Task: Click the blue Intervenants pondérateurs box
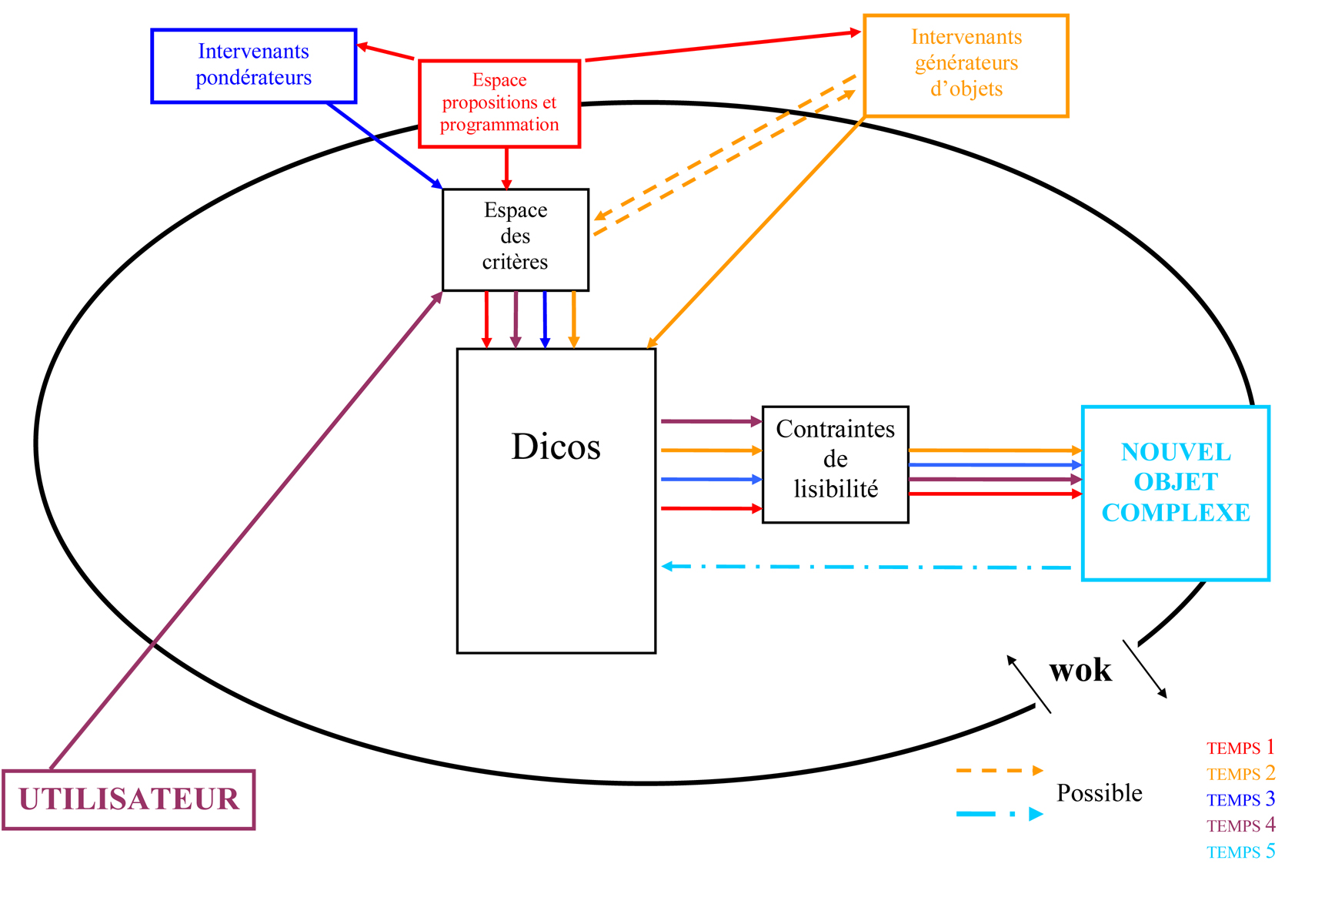(x=253, y=65)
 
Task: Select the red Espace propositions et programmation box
(x=499, y=103)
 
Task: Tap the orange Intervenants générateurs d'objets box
(x=966, y=65)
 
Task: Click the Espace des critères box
(x=515, y=239)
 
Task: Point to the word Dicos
(x=556, y=447)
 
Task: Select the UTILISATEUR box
(x=128, y=799)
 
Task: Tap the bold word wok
(x=1080, y=670)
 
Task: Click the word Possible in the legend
(x=1099, y=792)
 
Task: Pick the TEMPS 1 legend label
(x=1240, y=748)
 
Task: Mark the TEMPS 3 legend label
(x=1240, y=799)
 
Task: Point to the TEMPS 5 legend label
(x=1240, y=852)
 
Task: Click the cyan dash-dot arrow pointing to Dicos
(x=866, y=567)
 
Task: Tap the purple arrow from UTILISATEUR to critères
(x=246, y=531)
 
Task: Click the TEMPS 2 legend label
(x=1240, y=773)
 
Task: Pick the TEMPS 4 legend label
(x=1240, y=825)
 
